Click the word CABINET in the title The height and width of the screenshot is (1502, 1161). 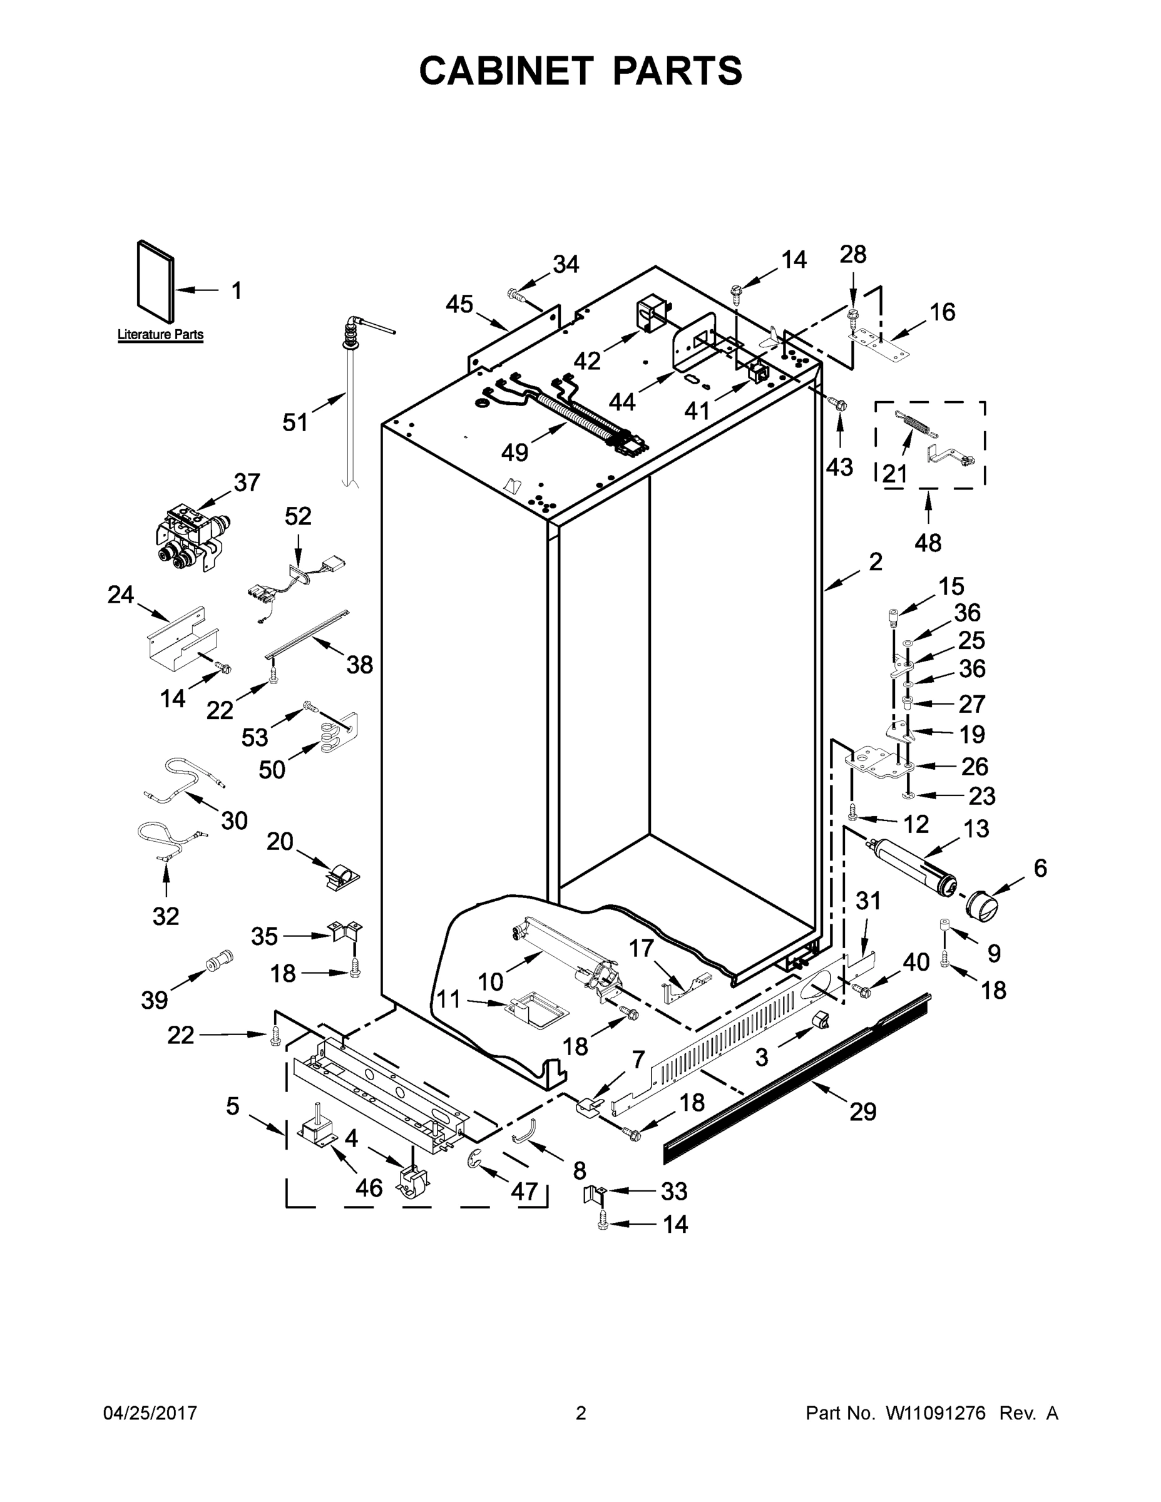506,71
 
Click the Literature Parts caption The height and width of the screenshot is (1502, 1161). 160,335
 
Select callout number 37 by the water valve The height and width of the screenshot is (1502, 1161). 247,483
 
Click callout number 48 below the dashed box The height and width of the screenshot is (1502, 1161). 928,543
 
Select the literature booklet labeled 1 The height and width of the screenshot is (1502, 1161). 155,280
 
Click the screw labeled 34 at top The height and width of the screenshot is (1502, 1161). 517,296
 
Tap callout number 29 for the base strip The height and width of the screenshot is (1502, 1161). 863,1111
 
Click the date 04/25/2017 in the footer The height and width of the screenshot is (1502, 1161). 150,1413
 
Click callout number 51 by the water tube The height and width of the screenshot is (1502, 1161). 296,422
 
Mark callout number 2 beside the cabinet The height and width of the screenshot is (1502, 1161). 875,563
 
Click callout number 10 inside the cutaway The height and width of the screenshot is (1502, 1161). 491,982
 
